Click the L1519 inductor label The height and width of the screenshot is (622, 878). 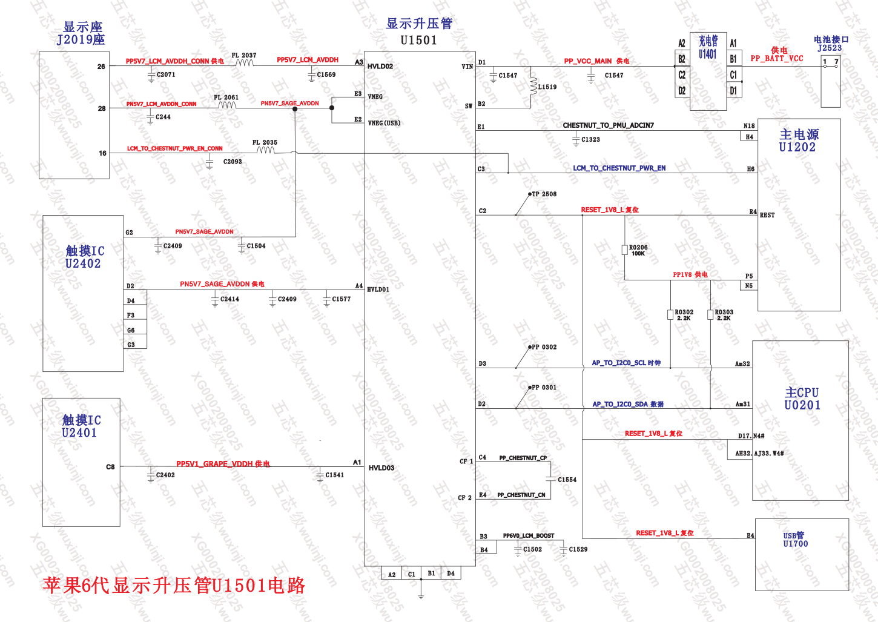(547, 87)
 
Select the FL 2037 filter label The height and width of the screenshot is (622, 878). (244, 55)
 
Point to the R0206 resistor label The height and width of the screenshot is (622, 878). (638, 247)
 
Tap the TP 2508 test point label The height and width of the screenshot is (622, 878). (544, 194)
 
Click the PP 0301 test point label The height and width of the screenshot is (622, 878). (544, 388)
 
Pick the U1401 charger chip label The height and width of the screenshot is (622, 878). (708, 54)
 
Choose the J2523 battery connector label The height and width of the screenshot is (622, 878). (829, 48)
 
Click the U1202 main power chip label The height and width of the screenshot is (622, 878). (797, 147)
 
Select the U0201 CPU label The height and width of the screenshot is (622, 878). (802, 405)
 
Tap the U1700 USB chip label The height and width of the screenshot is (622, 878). (795, 544)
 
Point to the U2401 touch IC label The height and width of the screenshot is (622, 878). (79, 432)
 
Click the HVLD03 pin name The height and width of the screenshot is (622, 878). (381, 468)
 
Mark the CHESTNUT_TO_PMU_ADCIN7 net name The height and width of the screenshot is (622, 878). (608, 125)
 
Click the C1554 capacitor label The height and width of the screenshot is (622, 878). (567, 480)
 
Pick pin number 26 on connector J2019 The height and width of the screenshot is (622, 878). (101, 67)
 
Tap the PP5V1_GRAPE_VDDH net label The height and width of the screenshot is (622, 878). (215, 464)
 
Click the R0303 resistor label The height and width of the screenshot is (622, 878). (724, 313)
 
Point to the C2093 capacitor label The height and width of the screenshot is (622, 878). (233, 162)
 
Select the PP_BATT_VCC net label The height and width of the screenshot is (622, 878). (776, 59)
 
